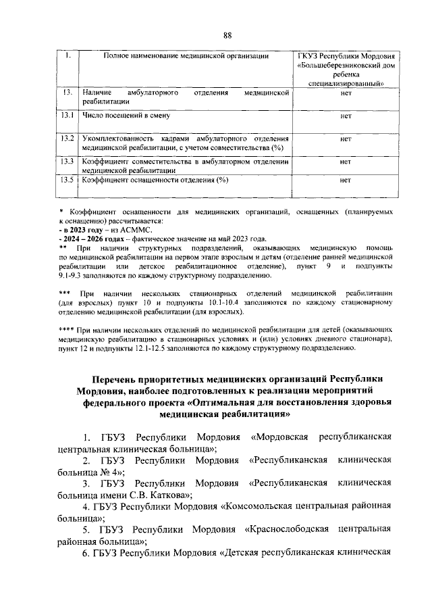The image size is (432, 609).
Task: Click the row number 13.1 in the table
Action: pyautogui.click(x=67, y=116)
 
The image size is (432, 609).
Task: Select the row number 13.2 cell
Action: pyautogui.click(x=67, y=139)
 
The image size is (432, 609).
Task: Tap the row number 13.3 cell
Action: pyautogui.click(x=67, y=162)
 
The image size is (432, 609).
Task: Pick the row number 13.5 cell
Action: pyautogui.click(x=67, y=180)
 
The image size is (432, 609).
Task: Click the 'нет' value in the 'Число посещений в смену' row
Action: pyautogui.click(x=346, y=116)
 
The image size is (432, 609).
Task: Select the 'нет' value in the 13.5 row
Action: pyautogui.click(x=346, y=180)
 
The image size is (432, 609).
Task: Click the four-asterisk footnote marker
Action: pyautogui.click(x=67, y=329)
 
